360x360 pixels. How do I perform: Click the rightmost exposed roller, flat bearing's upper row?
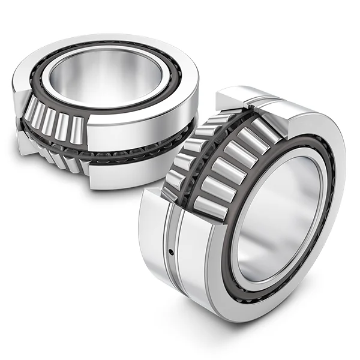click(77, 127)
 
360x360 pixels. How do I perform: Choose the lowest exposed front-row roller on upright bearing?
click(212, 205)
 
